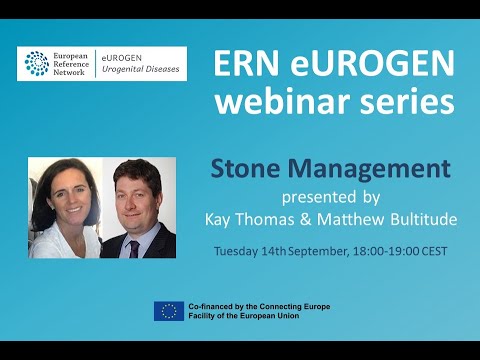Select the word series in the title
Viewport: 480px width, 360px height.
[410, 102]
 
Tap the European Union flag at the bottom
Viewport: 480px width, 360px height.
[168, 311]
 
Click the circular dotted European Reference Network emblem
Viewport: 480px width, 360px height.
[37, 64]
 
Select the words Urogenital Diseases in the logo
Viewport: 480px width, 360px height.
[146, 70]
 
